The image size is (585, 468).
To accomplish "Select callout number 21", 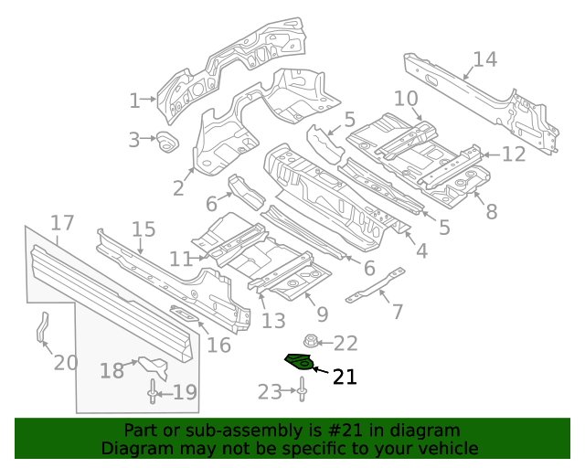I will click(x=344, y=377).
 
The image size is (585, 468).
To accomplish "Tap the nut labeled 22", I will click(x=309, y=343).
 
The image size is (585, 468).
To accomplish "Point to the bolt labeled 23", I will click(x=301, y=392).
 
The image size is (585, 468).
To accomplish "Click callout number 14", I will click(x=484, y=60).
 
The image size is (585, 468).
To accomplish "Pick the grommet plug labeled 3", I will click(x=167, y=143).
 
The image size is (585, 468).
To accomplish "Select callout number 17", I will click(x=61, y=223).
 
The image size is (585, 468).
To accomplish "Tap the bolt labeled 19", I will click(x=151, y=393).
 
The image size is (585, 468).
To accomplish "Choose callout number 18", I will click(x=112, y=370).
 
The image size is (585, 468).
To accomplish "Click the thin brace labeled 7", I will click(x=374, y=288).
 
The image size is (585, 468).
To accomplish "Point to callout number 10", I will click(x=406, y=99).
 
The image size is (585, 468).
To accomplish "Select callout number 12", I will click(x=514, y=154).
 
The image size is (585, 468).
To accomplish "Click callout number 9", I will click(x=322, y=314).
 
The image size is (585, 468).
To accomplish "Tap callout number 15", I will click(x=144, y=229).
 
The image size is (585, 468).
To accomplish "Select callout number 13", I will click(x=273, y=321).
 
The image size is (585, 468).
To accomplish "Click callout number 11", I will click(x=180, y=259).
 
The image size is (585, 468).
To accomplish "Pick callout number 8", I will click(x=491, y=212).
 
